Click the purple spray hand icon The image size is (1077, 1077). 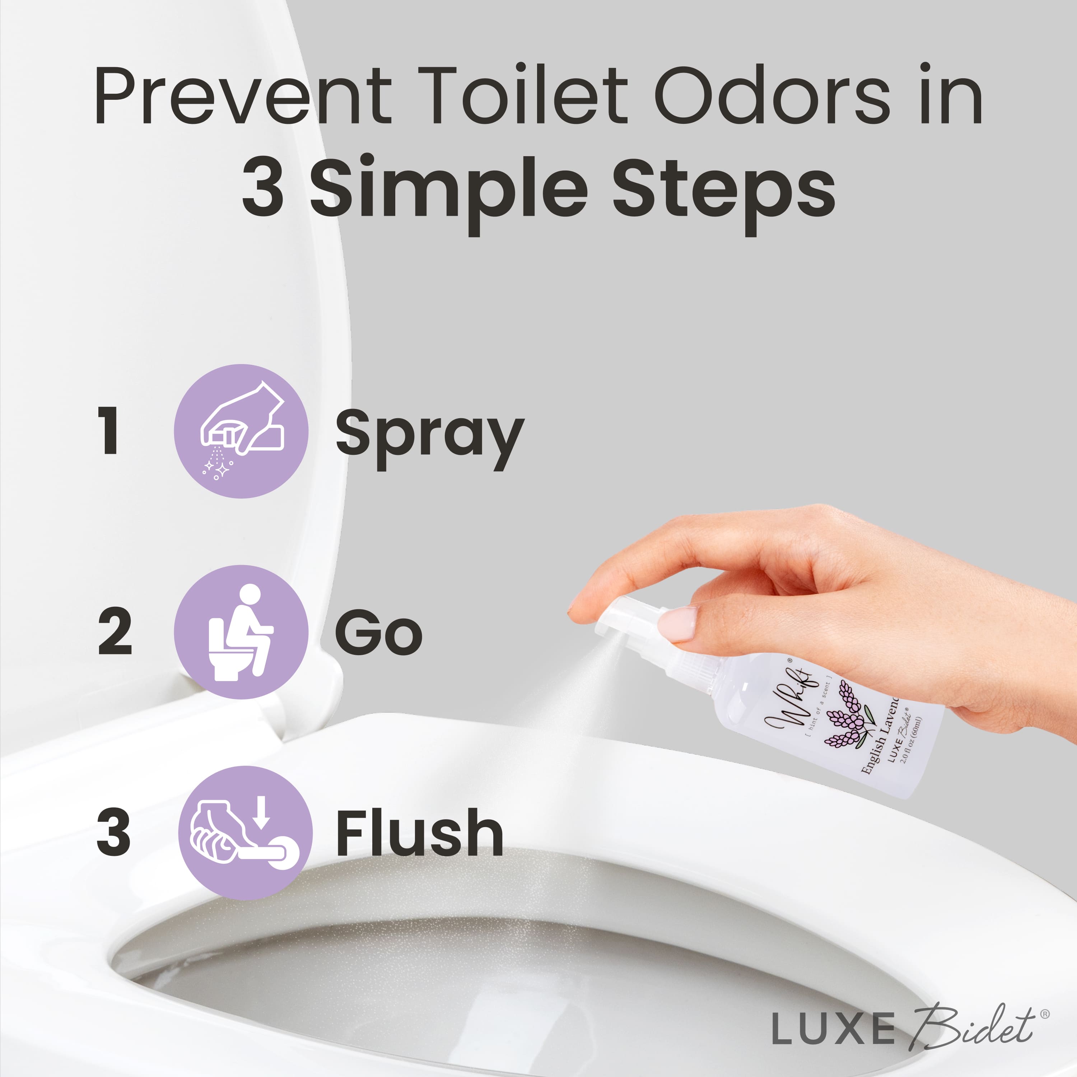(x=241, y=431)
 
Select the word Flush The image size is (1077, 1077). (x=419, y=833)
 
